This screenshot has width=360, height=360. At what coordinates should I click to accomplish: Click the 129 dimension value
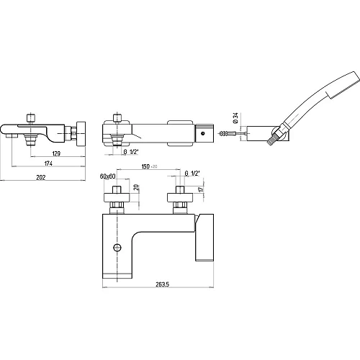(x=56, y=153)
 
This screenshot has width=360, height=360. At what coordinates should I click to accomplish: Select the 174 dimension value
(x=48, y=163)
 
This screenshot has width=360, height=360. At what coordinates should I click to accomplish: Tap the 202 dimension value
(x=41, y=178)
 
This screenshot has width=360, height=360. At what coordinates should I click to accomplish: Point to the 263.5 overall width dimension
(x=163, y=284)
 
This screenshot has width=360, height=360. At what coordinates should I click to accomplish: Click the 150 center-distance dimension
(x=145, y=166)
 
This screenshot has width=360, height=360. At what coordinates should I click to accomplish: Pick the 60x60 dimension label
(x=108, y=176)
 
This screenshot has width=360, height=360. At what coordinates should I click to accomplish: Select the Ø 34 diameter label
(x=235, y=118)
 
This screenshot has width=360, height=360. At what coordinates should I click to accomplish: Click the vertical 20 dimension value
(x=136, y=187)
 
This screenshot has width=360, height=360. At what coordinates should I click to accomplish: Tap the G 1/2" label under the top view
(x=131, y=152)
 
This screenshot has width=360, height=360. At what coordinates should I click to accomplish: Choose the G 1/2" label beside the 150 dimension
(x=192, y=174)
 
